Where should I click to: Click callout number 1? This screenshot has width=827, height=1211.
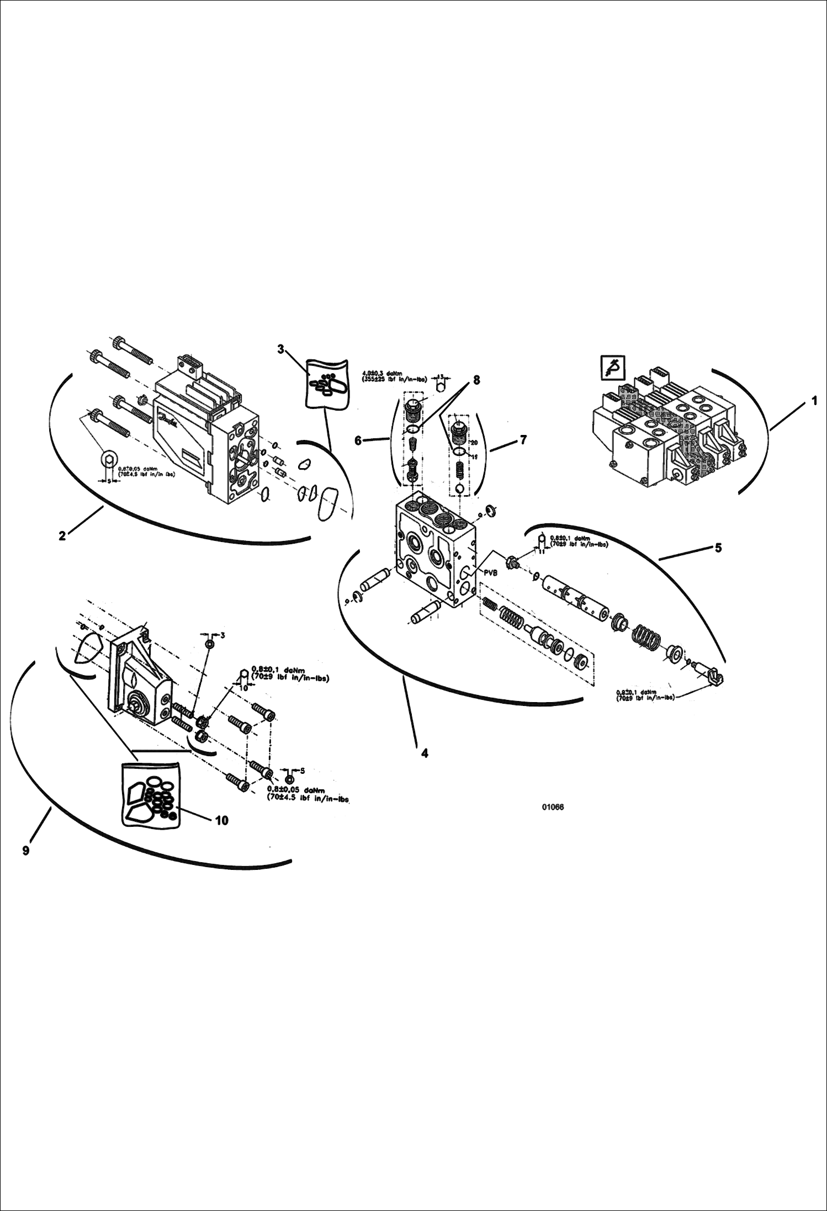(814, 401)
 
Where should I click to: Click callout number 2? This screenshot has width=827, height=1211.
(62, 535)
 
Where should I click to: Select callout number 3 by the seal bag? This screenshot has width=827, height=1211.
(280, 349)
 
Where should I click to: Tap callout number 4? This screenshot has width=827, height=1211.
(424, 753)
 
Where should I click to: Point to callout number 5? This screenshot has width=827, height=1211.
(718, 548)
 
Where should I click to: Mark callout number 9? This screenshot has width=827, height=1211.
(26, 851)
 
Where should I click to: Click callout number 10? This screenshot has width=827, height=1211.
(221, 820)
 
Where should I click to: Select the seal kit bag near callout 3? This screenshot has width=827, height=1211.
(326, 384)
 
